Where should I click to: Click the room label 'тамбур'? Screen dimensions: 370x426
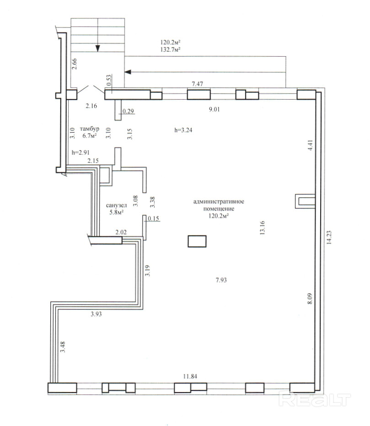pos(90,129)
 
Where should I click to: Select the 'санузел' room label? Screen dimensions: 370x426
pos(116,205)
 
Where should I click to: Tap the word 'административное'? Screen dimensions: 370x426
pos(219,202)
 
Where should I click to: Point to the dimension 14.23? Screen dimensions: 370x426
pos(329,237)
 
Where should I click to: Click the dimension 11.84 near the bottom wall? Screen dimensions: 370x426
pos(190,376)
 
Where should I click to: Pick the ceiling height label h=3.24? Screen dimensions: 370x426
pos(183,130)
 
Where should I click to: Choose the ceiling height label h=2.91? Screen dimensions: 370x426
pos(80,152)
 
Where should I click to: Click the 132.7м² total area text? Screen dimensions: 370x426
pos(171,49)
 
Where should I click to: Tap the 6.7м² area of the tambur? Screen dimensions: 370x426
pos(90,136)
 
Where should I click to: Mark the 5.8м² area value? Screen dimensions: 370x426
pos(117,212)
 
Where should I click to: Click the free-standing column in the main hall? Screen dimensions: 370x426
pos(197,241)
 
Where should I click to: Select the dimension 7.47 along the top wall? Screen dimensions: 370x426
pos(198,84)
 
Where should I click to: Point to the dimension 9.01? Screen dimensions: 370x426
pos(214,109)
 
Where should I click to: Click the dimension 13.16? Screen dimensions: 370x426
pos(262,228)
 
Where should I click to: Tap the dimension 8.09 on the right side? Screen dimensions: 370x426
pos(310,298)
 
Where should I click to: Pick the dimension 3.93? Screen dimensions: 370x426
pos(96,314)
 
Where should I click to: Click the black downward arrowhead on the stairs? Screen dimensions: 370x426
pos(97,48)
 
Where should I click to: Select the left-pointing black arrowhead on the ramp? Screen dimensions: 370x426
pos(128,72)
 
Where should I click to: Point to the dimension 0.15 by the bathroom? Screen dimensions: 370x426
pos(153,218)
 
